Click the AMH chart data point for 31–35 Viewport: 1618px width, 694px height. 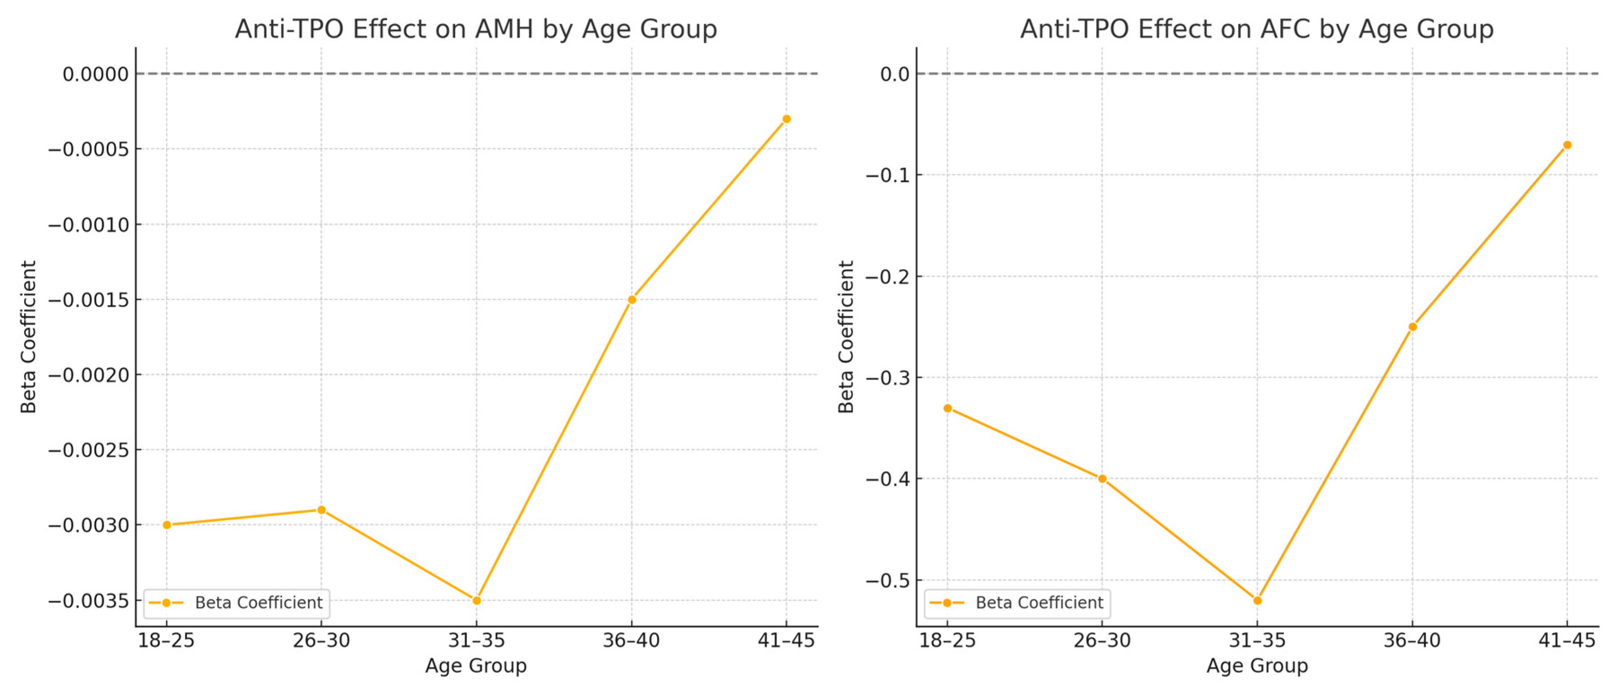tap(476, 600)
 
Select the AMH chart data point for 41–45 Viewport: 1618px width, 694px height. tap(786, 119)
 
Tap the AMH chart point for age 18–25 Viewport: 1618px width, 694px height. tap(167, 525)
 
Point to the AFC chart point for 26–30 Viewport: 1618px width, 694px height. tap(1102, 478)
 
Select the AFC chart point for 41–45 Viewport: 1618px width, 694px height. tap(1567, 145)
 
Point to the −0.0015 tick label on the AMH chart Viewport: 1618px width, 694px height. tap(88, 301)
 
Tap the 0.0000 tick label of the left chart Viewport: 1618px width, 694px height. tap(96, 74)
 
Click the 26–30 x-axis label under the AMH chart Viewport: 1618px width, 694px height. tap(321, 641)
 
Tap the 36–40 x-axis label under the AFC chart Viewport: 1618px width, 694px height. tap(1412, 641)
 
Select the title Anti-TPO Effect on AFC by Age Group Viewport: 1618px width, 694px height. tap(1257, 29)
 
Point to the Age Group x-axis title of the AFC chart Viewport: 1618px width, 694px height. tap(1257, 666)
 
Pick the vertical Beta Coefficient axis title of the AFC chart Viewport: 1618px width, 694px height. tap(846, 336)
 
